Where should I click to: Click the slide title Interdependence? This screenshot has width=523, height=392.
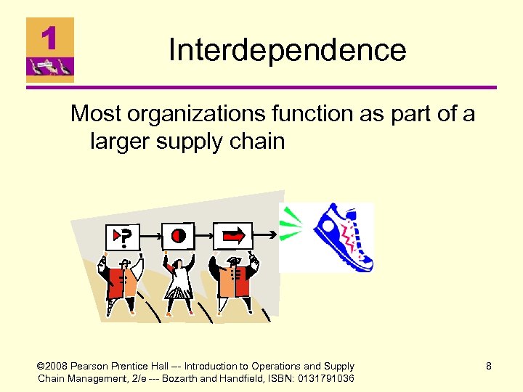pyautogui.click(x=287, y=50)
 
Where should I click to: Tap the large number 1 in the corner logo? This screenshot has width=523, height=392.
pyautogui.click(x=49, y=37)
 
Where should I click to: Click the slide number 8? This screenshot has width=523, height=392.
pyautogui.click(x=489, y=367)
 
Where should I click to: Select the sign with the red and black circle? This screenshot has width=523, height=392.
pyautogui.click(x=178, y=235)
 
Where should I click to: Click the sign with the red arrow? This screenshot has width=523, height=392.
pyautogui.click(x=233, y=235)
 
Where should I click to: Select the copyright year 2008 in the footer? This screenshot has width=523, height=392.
pyautogui.click(x=59, y=367)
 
